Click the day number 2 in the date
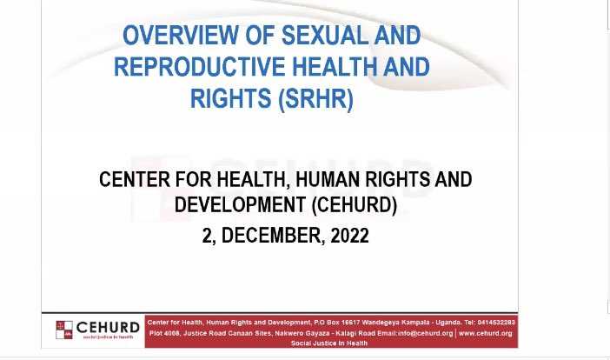click(207, 236)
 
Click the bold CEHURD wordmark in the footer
click(109, 327)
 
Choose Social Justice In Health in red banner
click(331, 343)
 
